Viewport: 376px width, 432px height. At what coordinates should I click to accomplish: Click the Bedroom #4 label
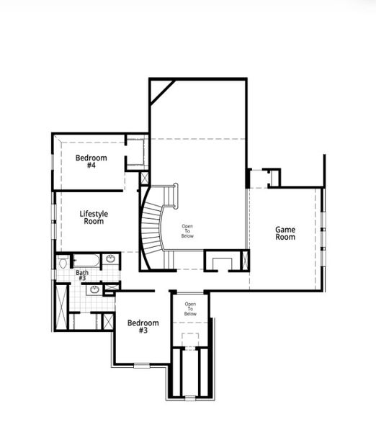pyautogui.click(x=91, y=161)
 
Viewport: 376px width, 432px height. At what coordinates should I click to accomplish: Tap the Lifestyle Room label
pyautogui.click(x=93, y=217)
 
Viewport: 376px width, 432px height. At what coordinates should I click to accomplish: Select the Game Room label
pyautogui.click(x=285, y=233)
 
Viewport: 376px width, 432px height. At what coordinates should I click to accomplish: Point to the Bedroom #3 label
pyautogui.click(x=143, y=327)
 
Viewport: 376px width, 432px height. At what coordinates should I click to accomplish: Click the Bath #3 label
pyautogui.click(x=83, y=276)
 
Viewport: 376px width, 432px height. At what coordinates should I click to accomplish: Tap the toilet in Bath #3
pyautogui.click(x=63, y=262)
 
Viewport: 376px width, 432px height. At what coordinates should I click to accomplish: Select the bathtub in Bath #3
pyautogui.click(x=85, y=260)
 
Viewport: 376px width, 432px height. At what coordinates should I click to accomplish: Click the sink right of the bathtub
pyautogui.click(x=111, y=259)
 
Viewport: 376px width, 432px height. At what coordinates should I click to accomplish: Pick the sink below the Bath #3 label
pyautogui.click(x=94, y=289)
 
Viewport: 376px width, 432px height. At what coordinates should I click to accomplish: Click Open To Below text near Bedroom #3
pyautogui.click(x=190, y=309)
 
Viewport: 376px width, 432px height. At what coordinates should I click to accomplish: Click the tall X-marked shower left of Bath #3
pyautogui.click(x=63, y=307)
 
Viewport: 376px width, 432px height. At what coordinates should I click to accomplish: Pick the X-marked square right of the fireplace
pyautogui.click(x=246, y=260)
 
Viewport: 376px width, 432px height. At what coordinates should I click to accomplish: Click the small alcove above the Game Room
pyautogui.click(x=272, y=176)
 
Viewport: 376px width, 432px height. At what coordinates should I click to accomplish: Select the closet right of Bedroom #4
pyautogui.click(x=136, y=153)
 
